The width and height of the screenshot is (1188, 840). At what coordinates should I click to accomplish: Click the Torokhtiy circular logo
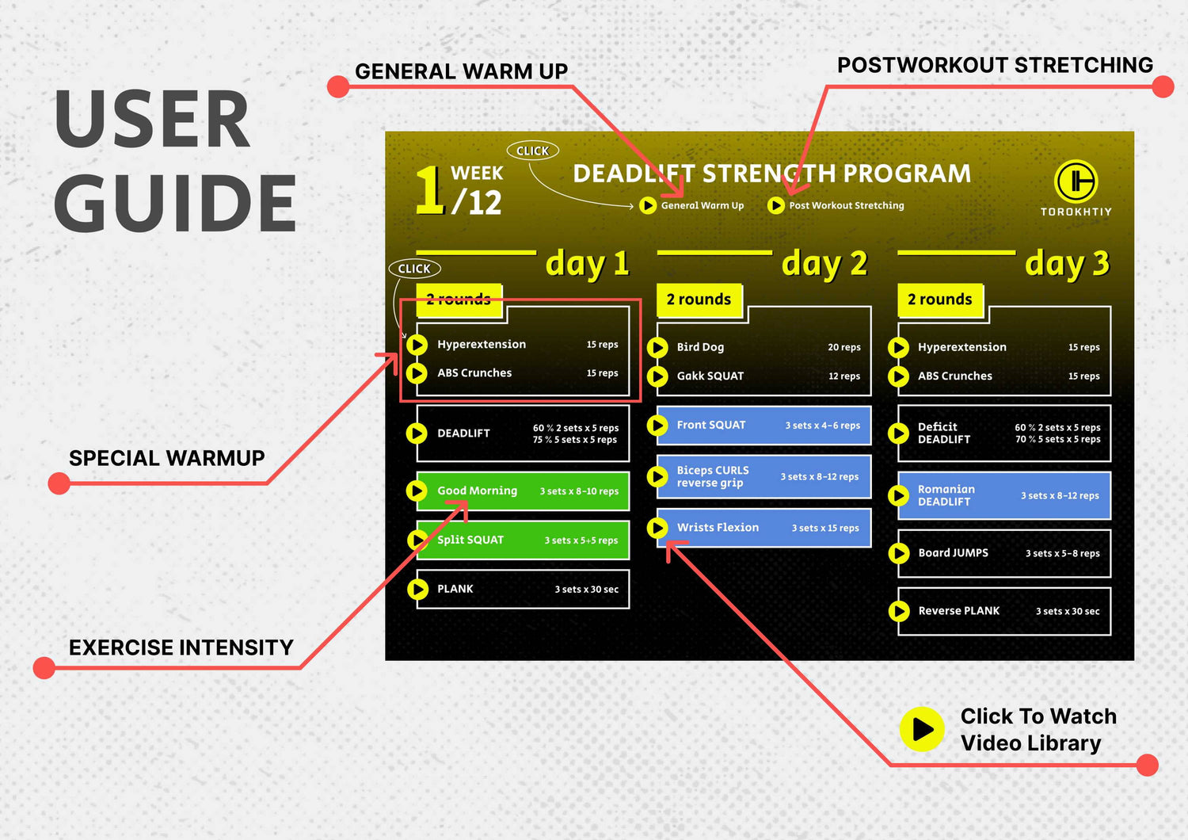1076,181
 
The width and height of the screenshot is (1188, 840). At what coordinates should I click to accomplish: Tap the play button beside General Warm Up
648,205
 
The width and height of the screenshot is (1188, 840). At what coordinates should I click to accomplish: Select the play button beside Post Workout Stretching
776,205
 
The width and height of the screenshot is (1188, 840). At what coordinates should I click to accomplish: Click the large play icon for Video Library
922,729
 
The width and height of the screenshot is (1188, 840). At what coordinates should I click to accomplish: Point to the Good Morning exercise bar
523,491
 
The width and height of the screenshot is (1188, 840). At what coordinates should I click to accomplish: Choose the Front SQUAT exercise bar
763,425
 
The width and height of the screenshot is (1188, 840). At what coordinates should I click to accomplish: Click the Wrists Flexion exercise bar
763,528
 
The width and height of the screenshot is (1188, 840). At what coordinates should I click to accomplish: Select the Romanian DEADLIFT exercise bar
1004,495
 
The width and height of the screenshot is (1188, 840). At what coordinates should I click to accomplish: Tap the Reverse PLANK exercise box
1004,611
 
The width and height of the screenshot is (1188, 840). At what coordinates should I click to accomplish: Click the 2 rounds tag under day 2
699,300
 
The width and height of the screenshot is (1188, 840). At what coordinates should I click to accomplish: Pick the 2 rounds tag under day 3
940,300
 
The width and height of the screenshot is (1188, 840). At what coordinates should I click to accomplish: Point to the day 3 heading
1067,264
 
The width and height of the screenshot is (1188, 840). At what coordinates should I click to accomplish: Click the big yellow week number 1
428,189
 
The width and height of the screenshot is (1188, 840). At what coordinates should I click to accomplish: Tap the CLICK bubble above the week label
532,151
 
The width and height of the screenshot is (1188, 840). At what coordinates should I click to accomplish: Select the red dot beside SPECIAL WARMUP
59,483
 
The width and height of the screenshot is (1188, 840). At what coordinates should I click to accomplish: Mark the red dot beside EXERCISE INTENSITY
44,667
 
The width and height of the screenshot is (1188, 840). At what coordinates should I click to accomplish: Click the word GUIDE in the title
174,203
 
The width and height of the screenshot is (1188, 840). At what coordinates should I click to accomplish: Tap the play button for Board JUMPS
898,553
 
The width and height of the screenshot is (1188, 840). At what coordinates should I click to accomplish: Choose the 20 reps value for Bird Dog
843,347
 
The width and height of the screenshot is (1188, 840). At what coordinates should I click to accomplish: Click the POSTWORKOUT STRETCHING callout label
995,65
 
